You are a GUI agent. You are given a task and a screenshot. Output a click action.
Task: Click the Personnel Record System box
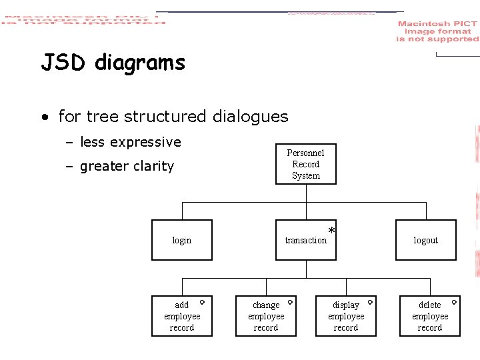coord(306,164)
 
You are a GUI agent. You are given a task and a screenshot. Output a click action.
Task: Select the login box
coord(182,240)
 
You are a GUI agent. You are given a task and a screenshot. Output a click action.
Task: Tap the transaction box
coord(306,240)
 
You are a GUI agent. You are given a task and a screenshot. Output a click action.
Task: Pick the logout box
coord(425,240)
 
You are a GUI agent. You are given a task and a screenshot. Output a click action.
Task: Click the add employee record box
coord(182,316)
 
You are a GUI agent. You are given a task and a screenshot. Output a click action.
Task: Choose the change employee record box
coord(266,316)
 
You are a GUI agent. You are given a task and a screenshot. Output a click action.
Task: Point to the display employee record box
coord(346,316)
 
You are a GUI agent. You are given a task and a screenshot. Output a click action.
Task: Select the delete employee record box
coord(430,316)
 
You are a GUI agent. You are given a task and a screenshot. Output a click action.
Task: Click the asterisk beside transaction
coord(331,231)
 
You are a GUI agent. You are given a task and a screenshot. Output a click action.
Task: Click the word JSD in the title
coord(64,63)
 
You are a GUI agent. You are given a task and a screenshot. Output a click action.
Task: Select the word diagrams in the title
coord(140,63)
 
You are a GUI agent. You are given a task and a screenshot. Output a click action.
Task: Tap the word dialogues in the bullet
coord(251,117)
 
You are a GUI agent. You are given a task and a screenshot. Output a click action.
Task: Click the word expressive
coord(145,142)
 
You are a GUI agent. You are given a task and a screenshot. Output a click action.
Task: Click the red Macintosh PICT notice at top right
coord(437,31)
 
